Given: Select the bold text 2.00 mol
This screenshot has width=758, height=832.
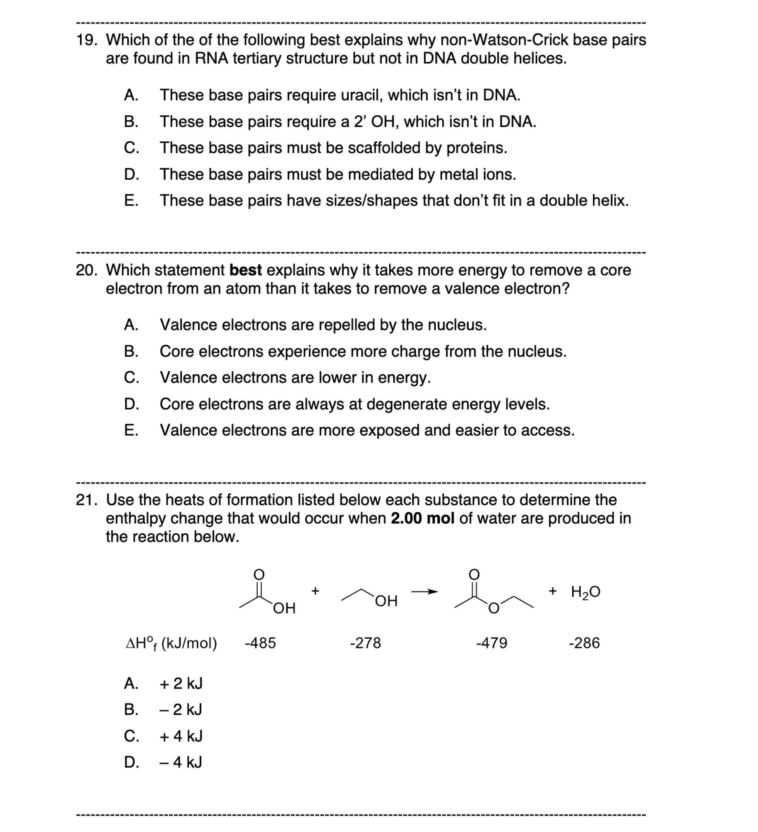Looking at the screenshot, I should tap(422, 518).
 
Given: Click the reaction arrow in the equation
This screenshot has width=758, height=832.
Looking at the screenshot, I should tap(424, 592).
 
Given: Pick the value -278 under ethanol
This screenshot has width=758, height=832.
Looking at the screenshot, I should tap(365, 643).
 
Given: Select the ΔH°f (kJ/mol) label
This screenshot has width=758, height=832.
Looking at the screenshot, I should tap(171, 644).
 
